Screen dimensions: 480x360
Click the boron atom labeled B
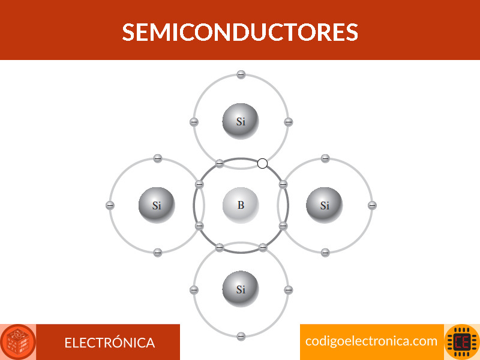[241, 205]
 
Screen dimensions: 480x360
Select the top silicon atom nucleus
[241, 121]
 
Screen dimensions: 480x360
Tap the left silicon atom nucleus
[157, 205]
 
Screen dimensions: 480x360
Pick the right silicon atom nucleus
[325, 205]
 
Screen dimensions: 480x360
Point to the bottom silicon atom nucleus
[241, 289]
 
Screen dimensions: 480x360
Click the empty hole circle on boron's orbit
[262, 163]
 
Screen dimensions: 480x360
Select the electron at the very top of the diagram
[241, 74]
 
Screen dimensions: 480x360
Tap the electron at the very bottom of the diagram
[241, 336]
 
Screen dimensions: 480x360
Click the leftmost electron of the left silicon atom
[110, 205]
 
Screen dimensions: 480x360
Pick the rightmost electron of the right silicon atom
[372, 205]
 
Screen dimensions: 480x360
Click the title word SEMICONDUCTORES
[240, 32]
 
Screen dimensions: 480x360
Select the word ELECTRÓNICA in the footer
[110, 343]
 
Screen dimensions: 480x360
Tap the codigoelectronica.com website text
[371, 341]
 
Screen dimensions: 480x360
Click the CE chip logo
[462, 342]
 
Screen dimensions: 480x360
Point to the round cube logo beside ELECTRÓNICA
[18, 342]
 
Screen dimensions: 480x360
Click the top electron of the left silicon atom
[157, 158]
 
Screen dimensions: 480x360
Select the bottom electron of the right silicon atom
[325, 253]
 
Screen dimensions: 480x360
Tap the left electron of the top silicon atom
[194, 122]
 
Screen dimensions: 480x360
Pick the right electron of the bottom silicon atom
[289, 290]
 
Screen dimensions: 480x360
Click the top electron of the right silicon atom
[325, 158]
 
